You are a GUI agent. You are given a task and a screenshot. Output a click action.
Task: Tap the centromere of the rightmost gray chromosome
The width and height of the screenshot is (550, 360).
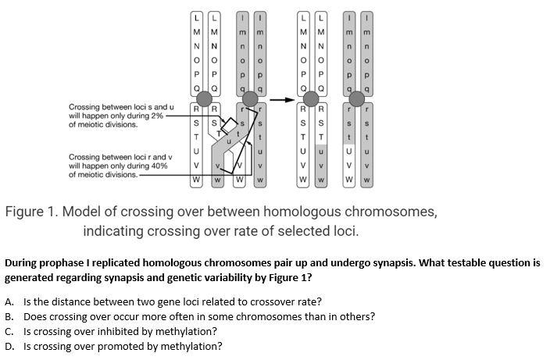359,98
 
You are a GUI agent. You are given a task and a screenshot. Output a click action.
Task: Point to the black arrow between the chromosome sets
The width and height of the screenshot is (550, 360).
282,99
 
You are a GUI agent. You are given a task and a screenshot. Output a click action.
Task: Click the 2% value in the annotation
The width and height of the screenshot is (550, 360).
157,116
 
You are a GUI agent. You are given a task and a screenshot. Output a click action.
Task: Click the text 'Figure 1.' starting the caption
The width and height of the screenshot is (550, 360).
32,212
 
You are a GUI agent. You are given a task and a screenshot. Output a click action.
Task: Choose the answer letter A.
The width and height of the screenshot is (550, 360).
9,301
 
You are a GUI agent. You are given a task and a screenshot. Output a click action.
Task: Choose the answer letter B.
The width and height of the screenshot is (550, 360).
9,316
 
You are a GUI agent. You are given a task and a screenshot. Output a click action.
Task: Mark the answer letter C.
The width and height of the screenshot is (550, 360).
9,331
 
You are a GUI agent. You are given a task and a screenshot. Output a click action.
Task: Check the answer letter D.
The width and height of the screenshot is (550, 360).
9,346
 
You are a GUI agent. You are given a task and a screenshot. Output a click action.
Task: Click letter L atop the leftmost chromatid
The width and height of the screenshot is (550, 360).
197,17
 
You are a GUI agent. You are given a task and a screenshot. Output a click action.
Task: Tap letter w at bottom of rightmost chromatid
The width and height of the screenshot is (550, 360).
366,181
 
